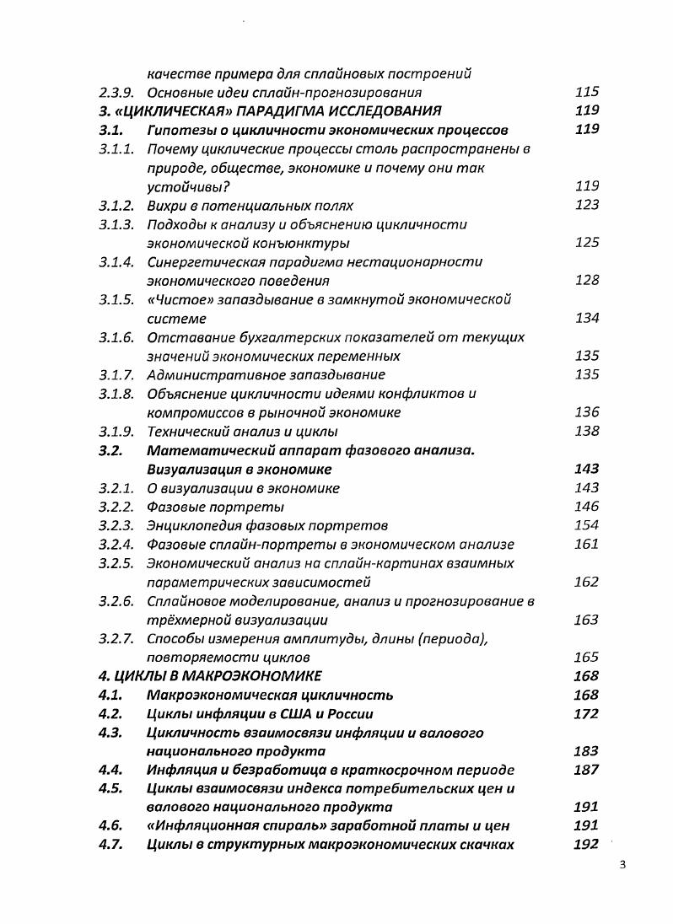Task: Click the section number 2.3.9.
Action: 117,93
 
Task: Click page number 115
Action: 586,93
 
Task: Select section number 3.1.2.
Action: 117,206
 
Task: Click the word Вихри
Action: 168,206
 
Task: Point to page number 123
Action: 586,205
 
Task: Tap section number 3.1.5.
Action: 117,300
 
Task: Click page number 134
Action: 586,318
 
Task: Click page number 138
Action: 586,432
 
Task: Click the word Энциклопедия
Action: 191,525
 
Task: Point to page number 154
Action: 586,525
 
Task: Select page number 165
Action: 586,657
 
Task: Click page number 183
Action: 585,751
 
